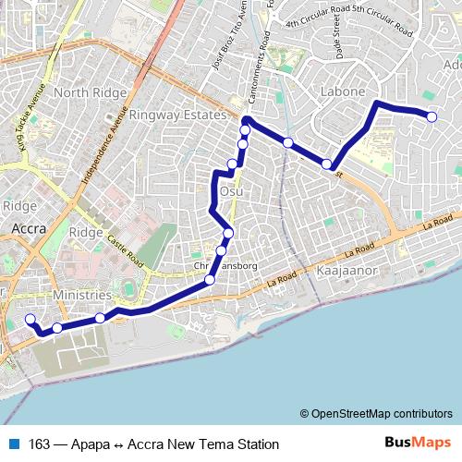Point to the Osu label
pos(231,190)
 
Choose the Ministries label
pos(82,295)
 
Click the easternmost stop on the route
pos(432,115)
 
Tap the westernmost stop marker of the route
pos(30,320)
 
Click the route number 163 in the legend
pos(40,443)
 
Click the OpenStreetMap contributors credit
pos(376,413)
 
